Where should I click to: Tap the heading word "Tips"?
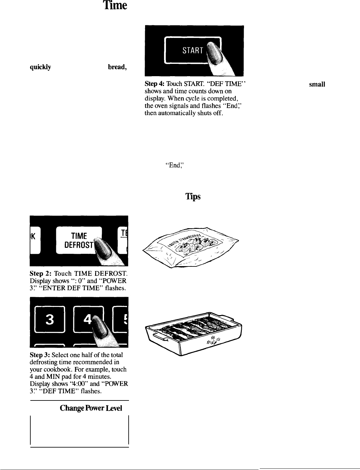(192, 197)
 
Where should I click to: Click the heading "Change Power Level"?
(91, 408)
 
